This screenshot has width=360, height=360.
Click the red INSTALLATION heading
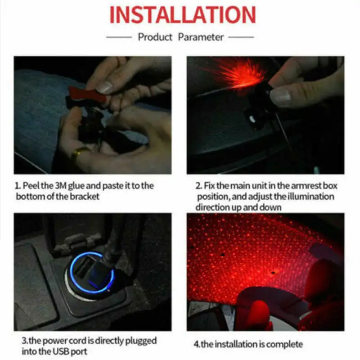pos(183,15)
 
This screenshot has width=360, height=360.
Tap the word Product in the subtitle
pos(155,37)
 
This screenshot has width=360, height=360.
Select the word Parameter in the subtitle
pos(201,37)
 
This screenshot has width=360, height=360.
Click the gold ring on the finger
pos(80,153)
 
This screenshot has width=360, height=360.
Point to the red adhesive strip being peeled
pos(88,94)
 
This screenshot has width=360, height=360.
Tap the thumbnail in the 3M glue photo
pos(104,87)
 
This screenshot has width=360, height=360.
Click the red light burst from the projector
pos(237,73)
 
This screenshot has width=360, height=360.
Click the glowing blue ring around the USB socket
pos(92,273)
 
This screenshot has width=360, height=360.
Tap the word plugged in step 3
pos(141,341)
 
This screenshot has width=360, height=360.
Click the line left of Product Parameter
pos(119,37)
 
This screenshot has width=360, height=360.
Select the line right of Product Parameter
pos(241,37)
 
